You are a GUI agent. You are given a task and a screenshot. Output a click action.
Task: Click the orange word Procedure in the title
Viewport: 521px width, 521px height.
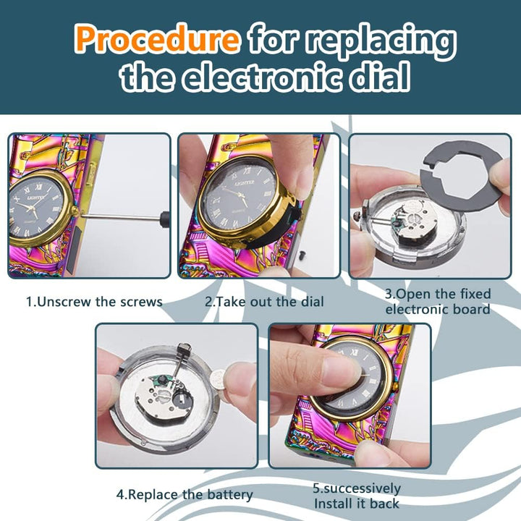point(157,39)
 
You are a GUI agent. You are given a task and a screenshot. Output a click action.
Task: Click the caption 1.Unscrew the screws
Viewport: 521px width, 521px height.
point(94,302)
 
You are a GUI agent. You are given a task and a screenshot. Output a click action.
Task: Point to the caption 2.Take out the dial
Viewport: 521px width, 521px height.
point(265,302)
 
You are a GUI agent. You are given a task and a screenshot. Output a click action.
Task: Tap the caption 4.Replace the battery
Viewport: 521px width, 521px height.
point(185,495)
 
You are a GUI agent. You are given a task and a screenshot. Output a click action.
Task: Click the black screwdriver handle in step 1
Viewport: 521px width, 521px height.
point(165,219)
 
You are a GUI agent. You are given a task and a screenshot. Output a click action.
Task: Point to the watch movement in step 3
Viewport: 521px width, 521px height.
point(412,220)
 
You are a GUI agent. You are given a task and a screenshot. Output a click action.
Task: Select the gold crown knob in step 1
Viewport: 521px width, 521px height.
point(75,211)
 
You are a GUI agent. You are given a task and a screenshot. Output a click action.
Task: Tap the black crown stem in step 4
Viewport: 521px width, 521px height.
point(181,360)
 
